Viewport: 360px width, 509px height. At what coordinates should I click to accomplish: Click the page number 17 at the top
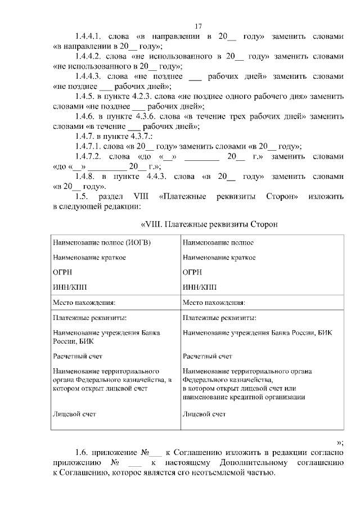click(x=198, y=26)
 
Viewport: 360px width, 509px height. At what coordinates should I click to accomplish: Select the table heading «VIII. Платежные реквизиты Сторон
click(x=208, y=224)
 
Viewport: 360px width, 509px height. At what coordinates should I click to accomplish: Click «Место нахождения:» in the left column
click(x=84, y=301)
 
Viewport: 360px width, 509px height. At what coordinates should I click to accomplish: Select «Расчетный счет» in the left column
click(x=78, y=356)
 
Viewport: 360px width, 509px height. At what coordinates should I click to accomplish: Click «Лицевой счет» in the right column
click(x=204, y=414)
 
